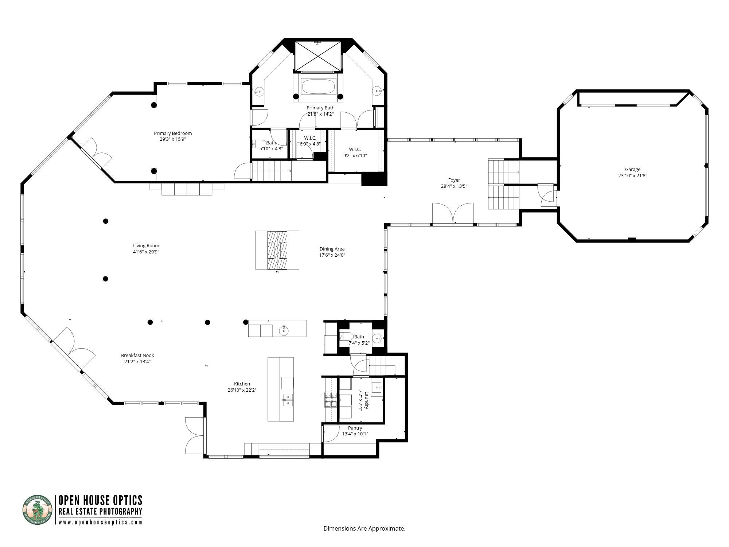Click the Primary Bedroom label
click(173, 133)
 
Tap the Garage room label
click(632, 169)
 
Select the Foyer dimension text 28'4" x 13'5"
click(454, 186)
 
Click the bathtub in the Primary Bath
click(318, 88)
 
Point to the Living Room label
click(146, 245)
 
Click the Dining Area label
click(332, 249)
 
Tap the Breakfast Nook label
click(137, 355)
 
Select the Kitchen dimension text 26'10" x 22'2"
click(242, 390)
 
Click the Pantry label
click(355, 428)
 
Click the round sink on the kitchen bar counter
click(284, 331)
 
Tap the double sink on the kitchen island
click(288, 400)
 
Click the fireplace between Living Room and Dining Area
click(277, 250)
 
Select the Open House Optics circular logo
click(38, 509)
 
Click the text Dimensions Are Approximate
click(364, 528)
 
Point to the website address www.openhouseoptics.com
click(101, 522)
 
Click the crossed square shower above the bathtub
click(318, 57)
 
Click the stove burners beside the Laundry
click(331, 399)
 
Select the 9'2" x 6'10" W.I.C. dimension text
click(355, 155)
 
